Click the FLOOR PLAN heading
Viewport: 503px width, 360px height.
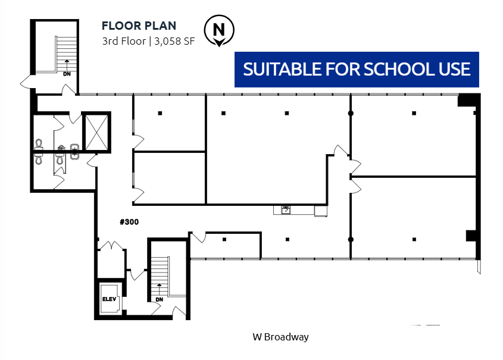tap(139, 26)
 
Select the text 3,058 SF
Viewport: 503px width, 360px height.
tap(174, 41)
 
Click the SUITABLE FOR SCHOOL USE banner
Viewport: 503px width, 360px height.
tap(357, 69)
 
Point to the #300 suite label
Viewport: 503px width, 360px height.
tap(129, 222)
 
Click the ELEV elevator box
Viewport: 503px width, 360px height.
tap(110, 299)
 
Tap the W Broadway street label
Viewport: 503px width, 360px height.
tap(281, 337)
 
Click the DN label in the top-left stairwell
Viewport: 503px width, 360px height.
tap(67, 74)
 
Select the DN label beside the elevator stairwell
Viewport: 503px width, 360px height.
tap(159, 299)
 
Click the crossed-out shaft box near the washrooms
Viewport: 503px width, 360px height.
tap(96, 133)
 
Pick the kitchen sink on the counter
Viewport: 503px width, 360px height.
tap(286, 210)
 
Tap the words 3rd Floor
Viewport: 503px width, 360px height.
tap(124, 41)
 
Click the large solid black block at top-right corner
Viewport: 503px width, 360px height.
tap(468, 100)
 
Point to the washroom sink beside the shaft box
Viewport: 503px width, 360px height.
tap(75, 152)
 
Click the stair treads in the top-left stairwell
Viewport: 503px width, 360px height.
tap(67, 54)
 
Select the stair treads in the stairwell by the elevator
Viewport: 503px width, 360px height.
tap(160, 276)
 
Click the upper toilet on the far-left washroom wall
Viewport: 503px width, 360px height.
tap(39, 144)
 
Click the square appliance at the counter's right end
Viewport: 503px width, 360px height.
tap(320, 211)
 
